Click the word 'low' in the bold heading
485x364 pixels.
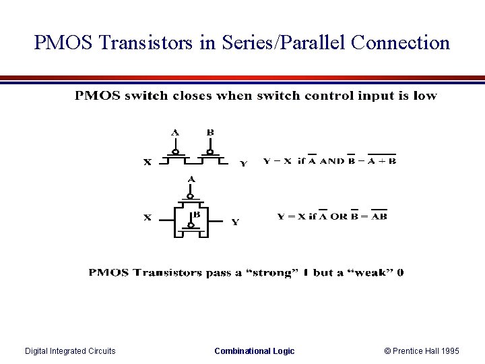[x=425, y=96]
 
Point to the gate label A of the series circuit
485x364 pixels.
[x=175, y=133]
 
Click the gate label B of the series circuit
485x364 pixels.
[x=210, y=133]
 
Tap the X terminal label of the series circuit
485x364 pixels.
[x=148, y=162]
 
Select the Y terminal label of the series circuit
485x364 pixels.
[x=243, y=162]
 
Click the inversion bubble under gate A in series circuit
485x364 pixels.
[x=175, y=152]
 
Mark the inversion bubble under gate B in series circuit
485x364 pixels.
[x=211, y=152]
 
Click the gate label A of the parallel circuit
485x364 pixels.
[x=191, y=179]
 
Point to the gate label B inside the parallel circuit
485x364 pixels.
[x=197, y=215]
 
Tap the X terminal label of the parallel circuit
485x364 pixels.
[x=148, y=217]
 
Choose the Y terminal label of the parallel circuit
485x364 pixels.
[x=235, y=222]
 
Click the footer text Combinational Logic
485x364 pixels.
[x=254, y=351]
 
